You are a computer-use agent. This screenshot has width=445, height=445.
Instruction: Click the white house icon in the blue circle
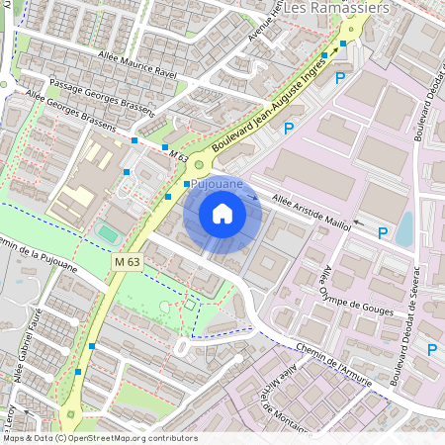tap(222, 213)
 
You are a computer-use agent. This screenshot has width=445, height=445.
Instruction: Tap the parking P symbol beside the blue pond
tap(383, 232)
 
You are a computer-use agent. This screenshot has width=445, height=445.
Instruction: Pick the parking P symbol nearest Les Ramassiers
tap(340, 77)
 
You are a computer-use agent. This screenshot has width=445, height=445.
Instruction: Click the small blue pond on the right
tap(404, 228)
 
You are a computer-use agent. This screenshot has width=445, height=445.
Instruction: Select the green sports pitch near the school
tap(107, 233)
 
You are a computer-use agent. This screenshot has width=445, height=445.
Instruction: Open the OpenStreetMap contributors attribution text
tap(99, 438)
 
